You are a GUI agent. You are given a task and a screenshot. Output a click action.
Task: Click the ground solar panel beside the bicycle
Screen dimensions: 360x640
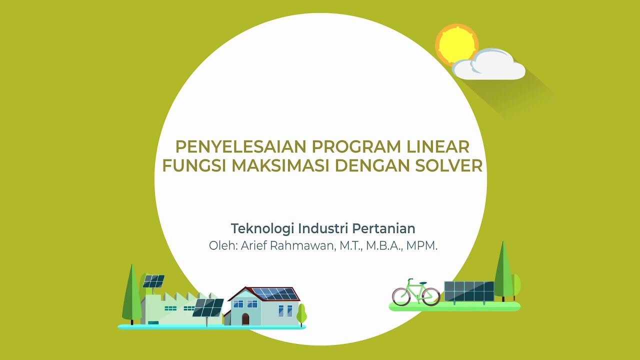click(468, 291)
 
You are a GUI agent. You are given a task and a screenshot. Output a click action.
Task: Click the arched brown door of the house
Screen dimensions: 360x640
click(245, 319)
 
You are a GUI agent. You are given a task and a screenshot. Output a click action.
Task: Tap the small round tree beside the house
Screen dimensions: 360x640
click(301, 314)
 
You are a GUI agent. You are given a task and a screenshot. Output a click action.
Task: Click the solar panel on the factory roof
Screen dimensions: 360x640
click(153, 281)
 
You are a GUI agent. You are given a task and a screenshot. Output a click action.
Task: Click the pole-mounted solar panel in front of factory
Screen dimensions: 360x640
click(208, 307)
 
